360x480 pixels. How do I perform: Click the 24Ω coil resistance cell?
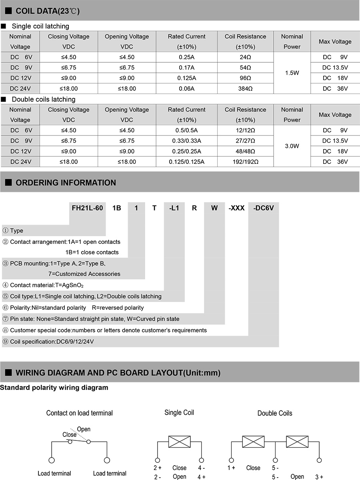245,57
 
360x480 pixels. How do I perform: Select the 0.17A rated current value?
186,68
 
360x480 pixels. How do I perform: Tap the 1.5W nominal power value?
292,73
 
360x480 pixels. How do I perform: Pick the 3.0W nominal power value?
292,146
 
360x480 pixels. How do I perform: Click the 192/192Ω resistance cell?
245,162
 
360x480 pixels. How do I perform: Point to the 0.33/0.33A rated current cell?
186,141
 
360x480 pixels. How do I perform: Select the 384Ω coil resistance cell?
245,89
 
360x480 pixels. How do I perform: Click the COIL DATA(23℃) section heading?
47,11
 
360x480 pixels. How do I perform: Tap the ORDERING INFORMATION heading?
65,183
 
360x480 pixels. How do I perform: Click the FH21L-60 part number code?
87,208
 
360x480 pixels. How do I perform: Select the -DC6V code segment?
263,208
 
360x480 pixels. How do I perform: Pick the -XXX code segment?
236,208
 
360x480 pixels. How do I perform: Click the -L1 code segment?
174,208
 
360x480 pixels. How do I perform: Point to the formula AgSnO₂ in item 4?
73,285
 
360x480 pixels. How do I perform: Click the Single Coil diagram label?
179,412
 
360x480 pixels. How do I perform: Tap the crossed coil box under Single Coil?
179,442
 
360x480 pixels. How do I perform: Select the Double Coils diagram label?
274,413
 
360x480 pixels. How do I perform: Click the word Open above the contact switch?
84,429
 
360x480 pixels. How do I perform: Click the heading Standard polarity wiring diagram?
54,388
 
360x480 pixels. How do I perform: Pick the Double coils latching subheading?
43,100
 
